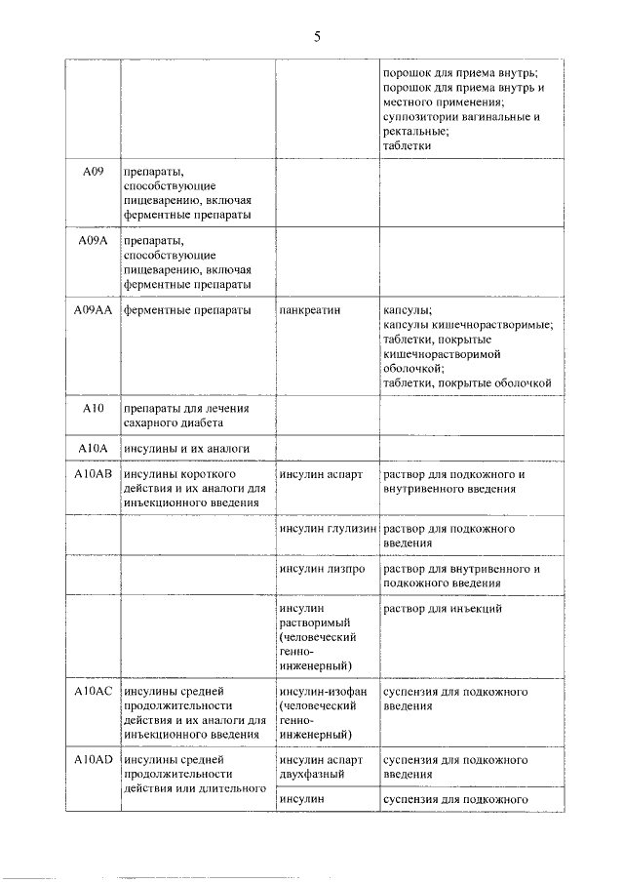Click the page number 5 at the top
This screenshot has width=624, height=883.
[317, 36]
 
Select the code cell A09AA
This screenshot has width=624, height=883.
[93, 309]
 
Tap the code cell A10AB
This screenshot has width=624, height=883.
[93, 474]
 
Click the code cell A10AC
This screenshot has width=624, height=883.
[93, 692]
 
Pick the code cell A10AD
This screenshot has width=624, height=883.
[93, 757]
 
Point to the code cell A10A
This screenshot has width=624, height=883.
[93, 448]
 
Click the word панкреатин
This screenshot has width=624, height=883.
[310, 309]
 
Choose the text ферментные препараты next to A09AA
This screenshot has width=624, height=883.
[182, 309]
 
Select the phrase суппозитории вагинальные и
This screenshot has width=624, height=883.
[460, 116]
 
